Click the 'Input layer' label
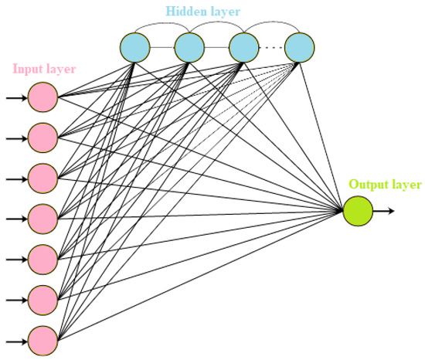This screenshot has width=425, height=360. [x=43, y=68]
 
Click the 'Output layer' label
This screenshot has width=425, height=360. [x=385, y=185]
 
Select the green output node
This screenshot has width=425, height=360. [x=358, y=210]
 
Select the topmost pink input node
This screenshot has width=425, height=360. [x=43, y=98]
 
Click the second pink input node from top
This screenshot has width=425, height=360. [x=43, y=138]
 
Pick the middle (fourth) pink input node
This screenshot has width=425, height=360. [x=43, y=218]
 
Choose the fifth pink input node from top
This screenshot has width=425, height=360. [x=43, y=258]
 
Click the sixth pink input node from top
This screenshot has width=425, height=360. [x=43, y=297]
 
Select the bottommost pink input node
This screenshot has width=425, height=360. [x=43, y=338]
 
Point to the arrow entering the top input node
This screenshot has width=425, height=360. [x=15, y=98]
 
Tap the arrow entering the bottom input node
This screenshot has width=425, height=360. [x=15, y=338]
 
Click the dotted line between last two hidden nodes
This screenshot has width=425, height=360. [x=271, y=49]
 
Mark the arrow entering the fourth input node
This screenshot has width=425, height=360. [x=15, y=218]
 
